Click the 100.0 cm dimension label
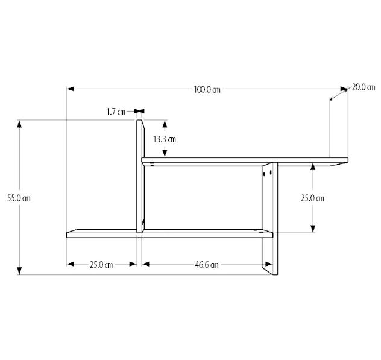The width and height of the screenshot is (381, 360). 206,89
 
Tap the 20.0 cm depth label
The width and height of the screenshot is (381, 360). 364,87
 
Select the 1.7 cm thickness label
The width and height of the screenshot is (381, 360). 116,112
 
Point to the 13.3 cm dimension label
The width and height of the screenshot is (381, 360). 164,139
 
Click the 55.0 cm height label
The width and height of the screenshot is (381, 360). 18,197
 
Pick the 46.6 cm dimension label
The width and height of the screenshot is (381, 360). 207,264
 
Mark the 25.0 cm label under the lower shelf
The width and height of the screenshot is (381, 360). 101,264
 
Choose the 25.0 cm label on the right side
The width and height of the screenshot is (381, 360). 312,198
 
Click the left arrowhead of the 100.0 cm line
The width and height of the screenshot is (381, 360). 70,89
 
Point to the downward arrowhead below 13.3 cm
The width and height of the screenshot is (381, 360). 164,153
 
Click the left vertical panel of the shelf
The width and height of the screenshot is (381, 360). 140,175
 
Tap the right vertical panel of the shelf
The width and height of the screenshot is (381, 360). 269,217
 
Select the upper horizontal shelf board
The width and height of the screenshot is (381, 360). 241,160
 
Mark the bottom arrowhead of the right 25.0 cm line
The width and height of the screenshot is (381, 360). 312,229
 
